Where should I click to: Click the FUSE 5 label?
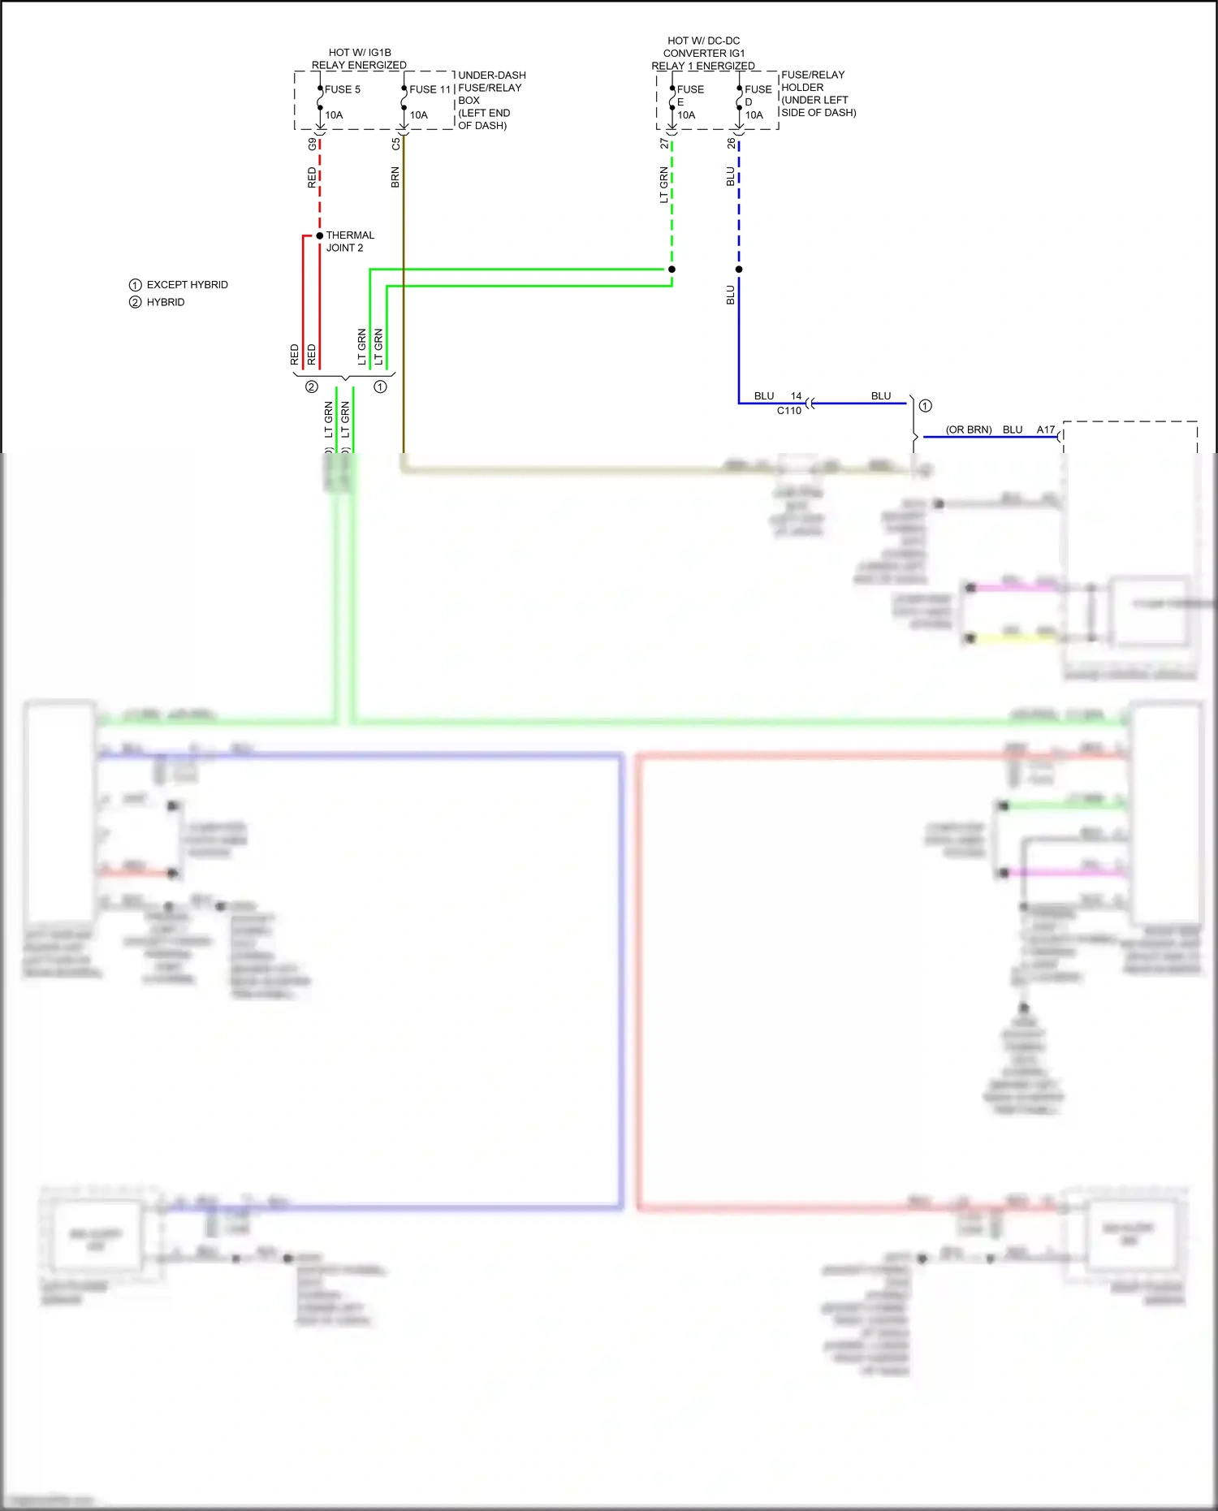(342, 89)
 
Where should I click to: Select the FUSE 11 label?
(430, 89)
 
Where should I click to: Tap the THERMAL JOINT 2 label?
(349, 241)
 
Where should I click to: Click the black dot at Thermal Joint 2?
(320, 235)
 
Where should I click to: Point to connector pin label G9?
(312, 144)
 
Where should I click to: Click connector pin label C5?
(395, 144)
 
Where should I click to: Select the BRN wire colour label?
(395, 177)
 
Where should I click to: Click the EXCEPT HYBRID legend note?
(187, 285)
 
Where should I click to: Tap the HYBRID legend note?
(166, 302)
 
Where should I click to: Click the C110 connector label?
(788, 411)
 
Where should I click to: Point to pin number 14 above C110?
(796, 396)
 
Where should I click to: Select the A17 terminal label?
(1045, 430)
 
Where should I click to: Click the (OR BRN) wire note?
(968, 430)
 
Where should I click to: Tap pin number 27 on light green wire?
(664, 143)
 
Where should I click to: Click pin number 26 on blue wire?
(731, 143)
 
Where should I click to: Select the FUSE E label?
(689, 95)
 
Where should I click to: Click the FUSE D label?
(758, 95)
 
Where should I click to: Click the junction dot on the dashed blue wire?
(739, 269)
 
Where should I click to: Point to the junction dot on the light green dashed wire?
(672, 269)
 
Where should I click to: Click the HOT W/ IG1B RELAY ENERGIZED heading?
(359, 58)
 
